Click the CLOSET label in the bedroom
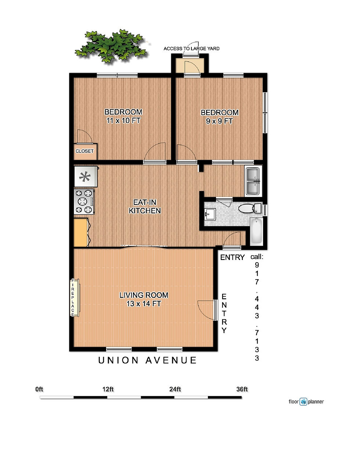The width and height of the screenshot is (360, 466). [84, 151]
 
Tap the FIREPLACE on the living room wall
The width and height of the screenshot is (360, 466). [73, 297]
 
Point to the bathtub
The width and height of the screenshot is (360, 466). [256, 232]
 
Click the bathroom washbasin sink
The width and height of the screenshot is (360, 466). [210, 213]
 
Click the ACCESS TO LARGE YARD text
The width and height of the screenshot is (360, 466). [191, 48]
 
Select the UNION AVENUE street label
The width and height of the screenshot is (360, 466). [147, 361]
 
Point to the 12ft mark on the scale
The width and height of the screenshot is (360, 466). [108, 389]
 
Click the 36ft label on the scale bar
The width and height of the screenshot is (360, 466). [242, 389]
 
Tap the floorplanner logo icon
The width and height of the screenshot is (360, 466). [303, 402]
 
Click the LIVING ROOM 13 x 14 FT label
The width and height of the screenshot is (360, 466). [144, 299]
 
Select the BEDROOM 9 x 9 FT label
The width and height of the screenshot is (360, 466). [219, 117]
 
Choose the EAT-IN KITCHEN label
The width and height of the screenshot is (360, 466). [145, 206]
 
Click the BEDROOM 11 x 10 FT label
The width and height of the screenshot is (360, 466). [123, 116]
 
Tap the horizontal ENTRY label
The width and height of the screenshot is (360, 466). [232, 257]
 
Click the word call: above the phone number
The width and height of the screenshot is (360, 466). [257, 257]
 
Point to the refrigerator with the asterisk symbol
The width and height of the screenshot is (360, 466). [85, 177]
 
